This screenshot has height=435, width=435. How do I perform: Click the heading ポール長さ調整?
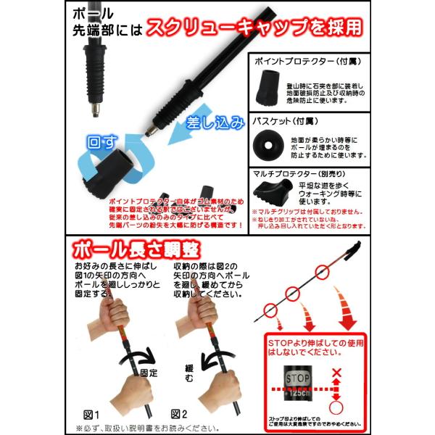coord(138,252)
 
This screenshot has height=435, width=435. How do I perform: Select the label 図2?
coord(179,414)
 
